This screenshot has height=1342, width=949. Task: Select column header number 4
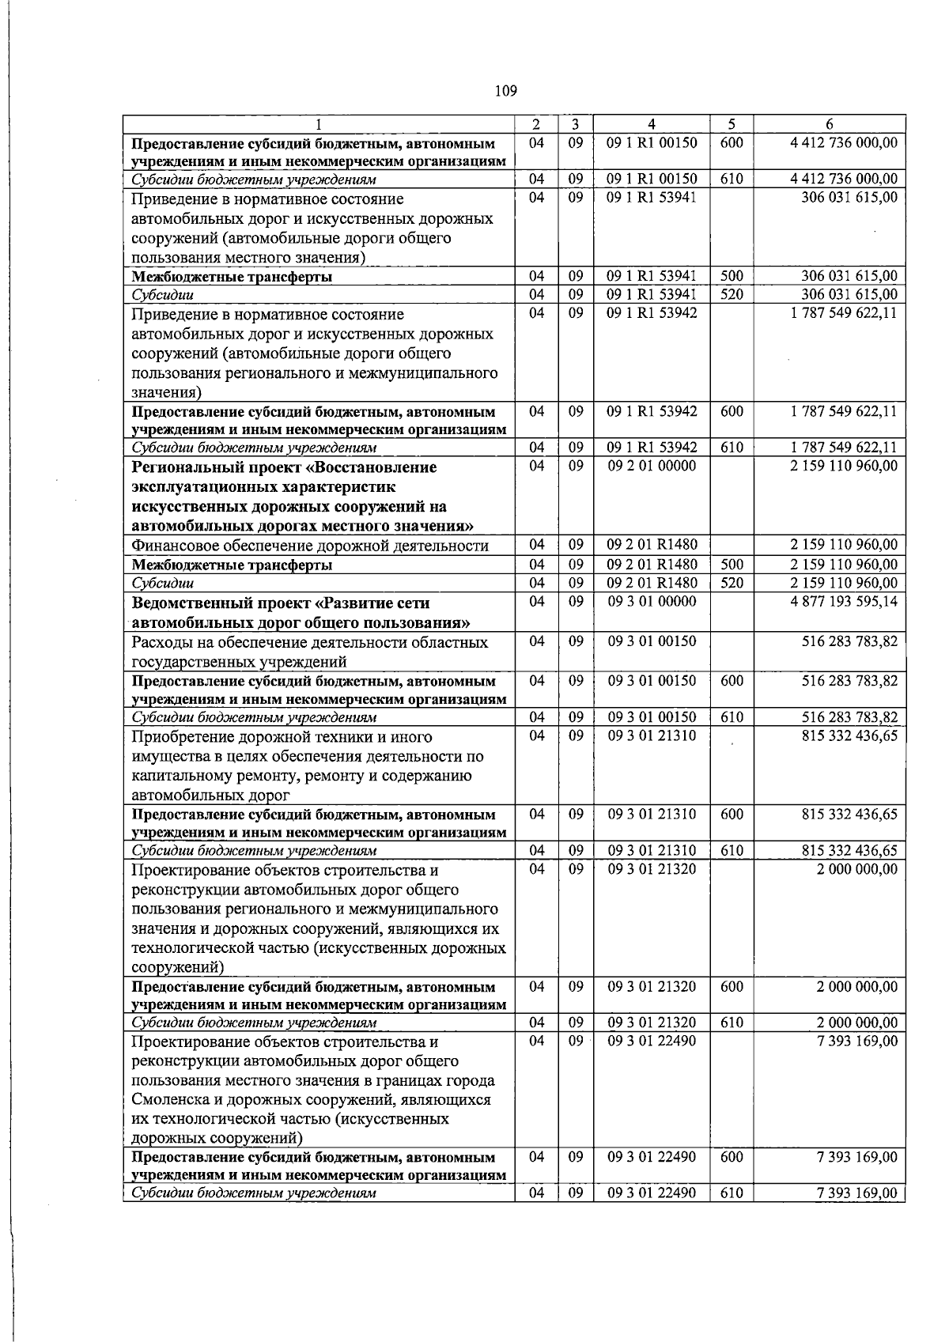coord(652,124)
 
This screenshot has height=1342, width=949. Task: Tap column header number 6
coord(828,124)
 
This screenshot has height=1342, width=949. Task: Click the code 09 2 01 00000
coord(652,466)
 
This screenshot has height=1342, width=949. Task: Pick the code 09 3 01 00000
coord(652,602)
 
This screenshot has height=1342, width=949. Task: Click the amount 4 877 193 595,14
coord(844,602)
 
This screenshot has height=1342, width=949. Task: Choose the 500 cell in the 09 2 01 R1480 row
coord(732,565)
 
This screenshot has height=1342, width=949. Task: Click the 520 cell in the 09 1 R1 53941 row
coord(732,295)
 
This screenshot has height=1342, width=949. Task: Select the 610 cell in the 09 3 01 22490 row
coord(732,1193)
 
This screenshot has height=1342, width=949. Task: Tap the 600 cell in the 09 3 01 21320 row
coord(732,987)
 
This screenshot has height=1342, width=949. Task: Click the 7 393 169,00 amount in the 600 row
coord(857,1157)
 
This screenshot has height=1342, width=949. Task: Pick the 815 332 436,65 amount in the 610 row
coord(849,851)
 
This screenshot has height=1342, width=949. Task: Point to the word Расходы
coord(163,642)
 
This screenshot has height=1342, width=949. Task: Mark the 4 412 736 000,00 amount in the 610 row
coord(844,180)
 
